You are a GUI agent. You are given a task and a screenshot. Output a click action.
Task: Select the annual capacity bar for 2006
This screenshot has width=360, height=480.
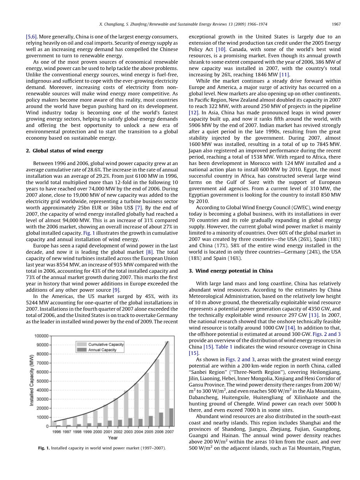coord(161,419)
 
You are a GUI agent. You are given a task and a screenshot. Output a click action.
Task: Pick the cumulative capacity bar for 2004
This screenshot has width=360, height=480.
coord(136,405)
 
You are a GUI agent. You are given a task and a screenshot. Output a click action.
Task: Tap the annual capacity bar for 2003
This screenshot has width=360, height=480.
coord(131,422)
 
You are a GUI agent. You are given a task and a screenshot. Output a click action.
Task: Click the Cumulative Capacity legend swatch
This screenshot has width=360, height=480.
coord(82,344)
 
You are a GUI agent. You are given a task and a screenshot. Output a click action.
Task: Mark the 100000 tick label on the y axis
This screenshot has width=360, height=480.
coord(42,336)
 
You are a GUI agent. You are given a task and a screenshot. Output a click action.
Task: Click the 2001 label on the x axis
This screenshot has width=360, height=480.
coord(108,432)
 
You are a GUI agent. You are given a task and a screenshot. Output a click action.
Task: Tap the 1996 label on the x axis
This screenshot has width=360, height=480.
coord(57,432)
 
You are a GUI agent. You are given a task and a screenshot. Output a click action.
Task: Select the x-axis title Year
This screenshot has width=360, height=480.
coord(113,438)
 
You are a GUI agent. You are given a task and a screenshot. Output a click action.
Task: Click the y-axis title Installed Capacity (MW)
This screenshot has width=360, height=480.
coord(32,381)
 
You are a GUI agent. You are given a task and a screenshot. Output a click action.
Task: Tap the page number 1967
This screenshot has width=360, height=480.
coord(336,24)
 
